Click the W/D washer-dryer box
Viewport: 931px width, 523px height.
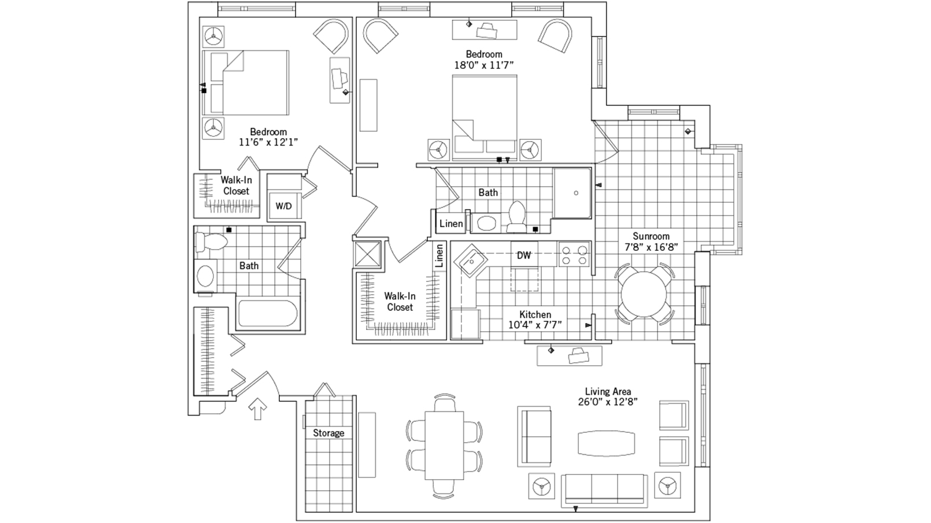pos(283,206)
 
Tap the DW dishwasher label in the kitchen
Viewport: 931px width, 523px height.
pos(524,255)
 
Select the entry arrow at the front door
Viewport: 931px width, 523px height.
pos(257,410)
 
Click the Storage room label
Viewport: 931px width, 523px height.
pos(328,433)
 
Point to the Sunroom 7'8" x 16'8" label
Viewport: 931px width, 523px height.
pos(651,242)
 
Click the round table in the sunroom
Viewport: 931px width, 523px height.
pos(646,294)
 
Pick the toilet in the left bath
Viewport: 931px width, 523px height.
pos(209,242)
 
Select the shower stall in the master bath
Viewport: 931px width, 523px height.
pos(572,193)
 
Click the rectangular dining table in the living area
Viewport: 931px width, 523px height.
pos(444,445)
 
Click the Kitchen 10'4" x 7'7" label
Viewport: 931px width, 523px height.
pos(535,320)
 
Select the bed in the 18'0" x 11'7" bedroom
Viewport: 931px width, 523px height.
pos(485,117)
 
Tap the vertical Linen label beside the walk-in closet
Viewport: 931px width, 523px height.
pos(439,255)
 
